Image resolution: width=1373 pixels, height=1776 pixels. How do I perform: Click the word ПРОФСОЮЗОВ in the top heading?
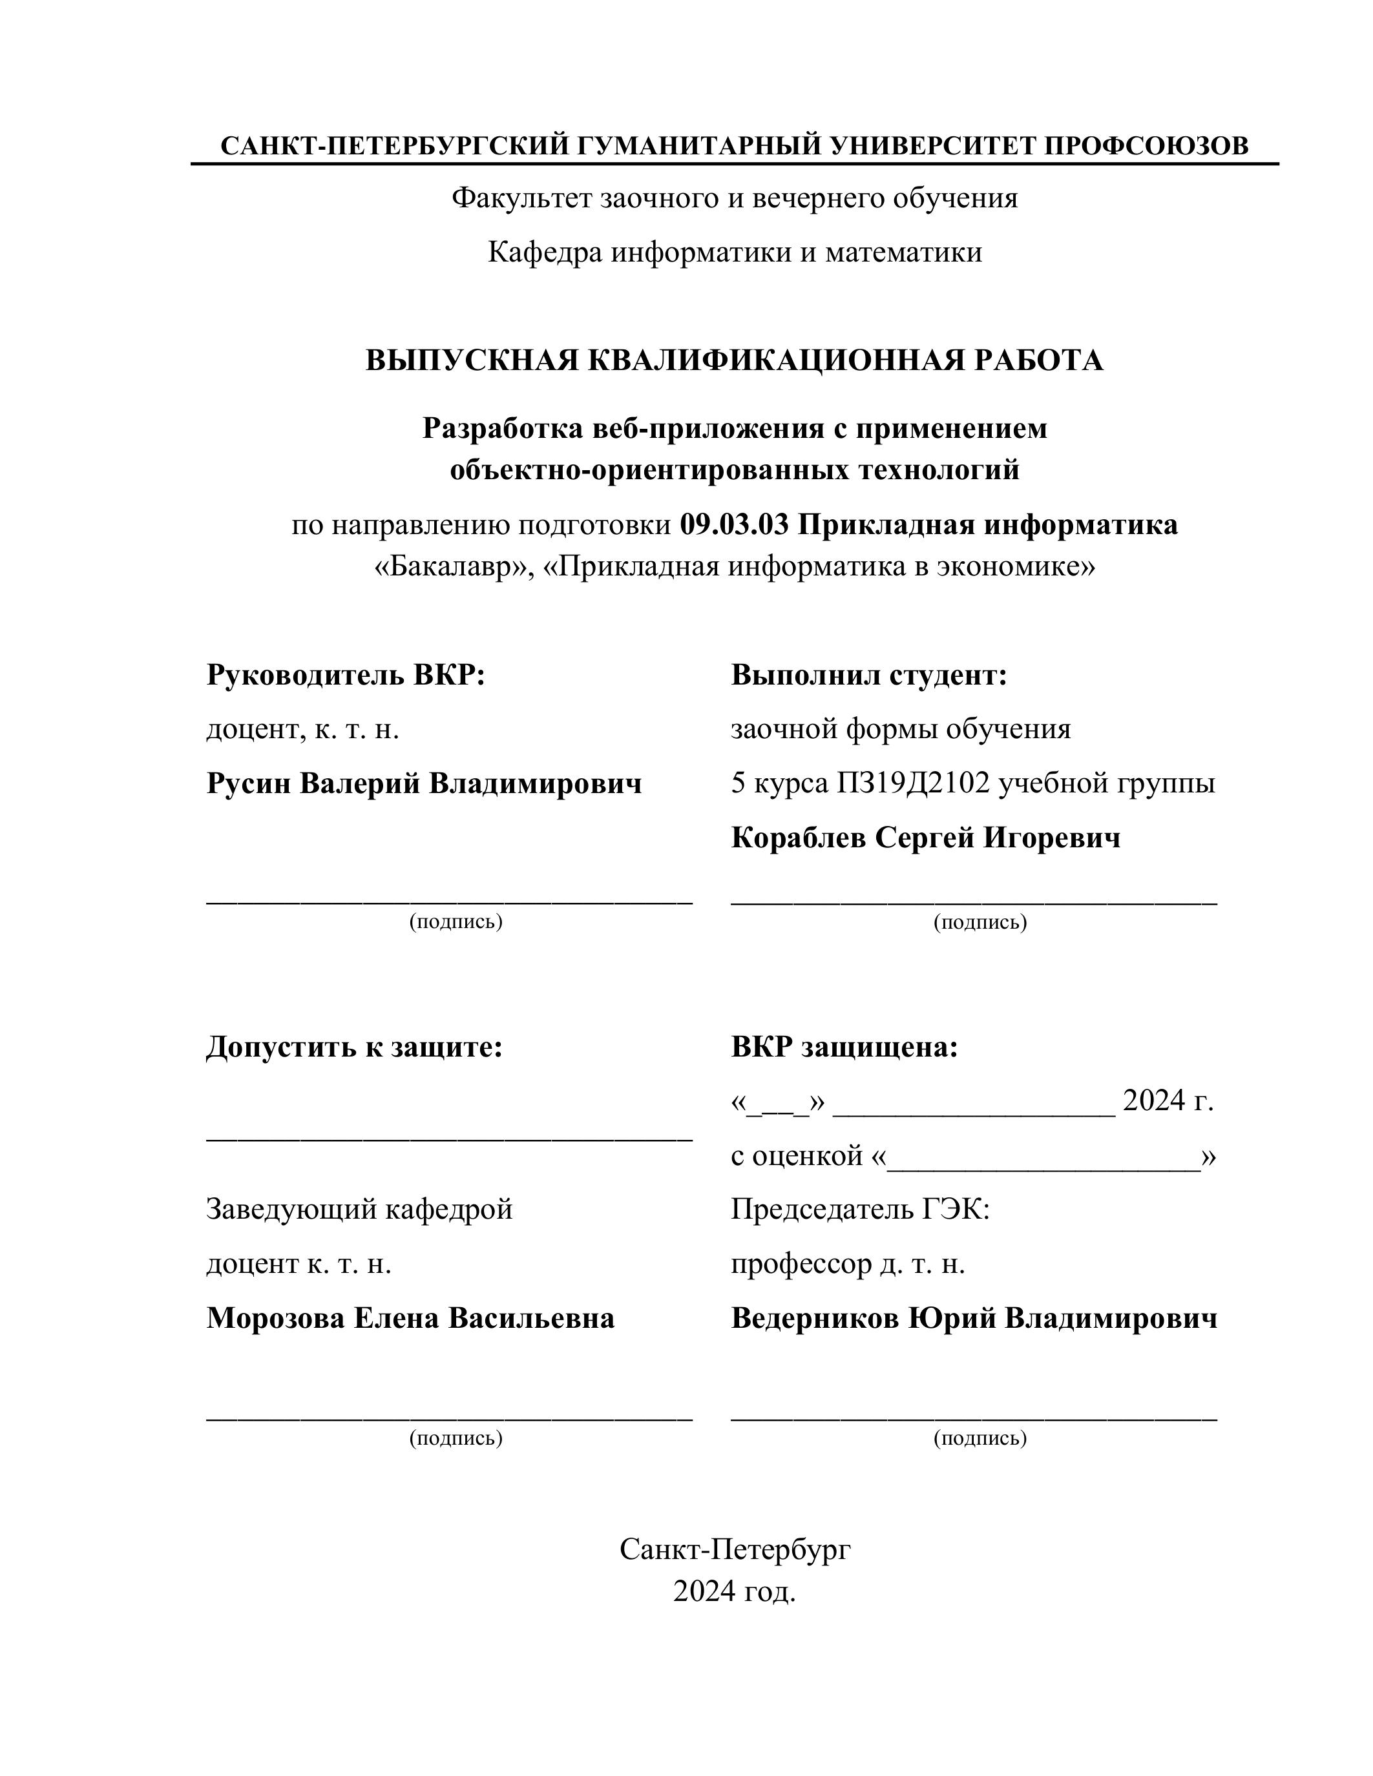pos(1146,147)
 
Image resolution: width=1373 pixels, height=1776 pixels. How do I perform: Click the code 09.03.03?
pos(734,525)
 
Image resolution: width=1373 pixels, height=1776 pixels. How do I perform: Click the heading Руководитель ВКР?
pos(346,675)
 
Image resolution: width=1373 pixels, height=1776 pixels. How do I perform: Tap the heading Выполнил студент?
pos(868,675)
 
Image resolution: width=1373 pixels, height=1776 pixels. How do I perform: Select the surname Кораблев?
pos(798,838)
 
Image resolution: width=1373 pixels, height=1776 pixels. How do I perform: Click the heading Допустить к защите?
pos(355,1048)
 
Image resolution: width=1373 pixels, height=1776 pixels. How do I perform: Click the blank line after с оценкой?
pos(1043,1157)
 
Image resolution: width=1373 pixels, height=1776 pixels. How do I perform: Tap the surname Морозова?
pos(275,1318)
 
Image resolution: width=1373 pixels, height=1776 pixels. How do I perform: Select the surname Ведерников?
pos(815,1318)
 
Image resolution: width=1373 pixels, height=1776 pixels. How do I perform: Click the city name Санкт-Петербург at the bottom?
pos(735,1550)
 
